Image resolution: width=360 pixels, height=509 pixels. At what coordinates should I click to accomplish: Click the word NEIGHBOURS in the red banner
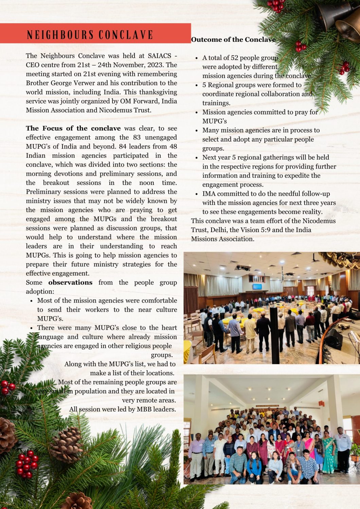(60, 35)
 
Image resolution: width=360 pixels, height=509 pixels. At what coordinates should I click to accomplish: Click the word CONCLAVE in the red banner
(126, 35)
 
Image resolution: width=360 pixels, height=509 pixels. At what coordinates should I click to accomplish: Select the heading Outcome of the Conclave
(233, 40)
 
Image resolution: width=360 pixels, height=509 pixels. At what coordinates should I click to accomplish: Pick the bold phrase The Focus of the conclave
(73, 128)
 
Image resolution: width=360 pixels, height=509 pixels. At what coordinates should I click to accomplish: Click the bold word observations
(70, 282)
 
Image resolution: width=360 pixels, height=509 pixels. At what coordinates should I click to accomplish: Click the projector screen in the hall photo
(257, 286)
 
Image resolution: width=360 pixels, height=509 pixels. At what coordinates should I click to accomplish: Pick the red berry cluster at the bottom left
(27, 463)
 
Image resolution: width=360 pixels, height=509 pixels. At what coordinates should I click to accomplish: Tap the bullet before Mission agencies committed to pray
(197, 112)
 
